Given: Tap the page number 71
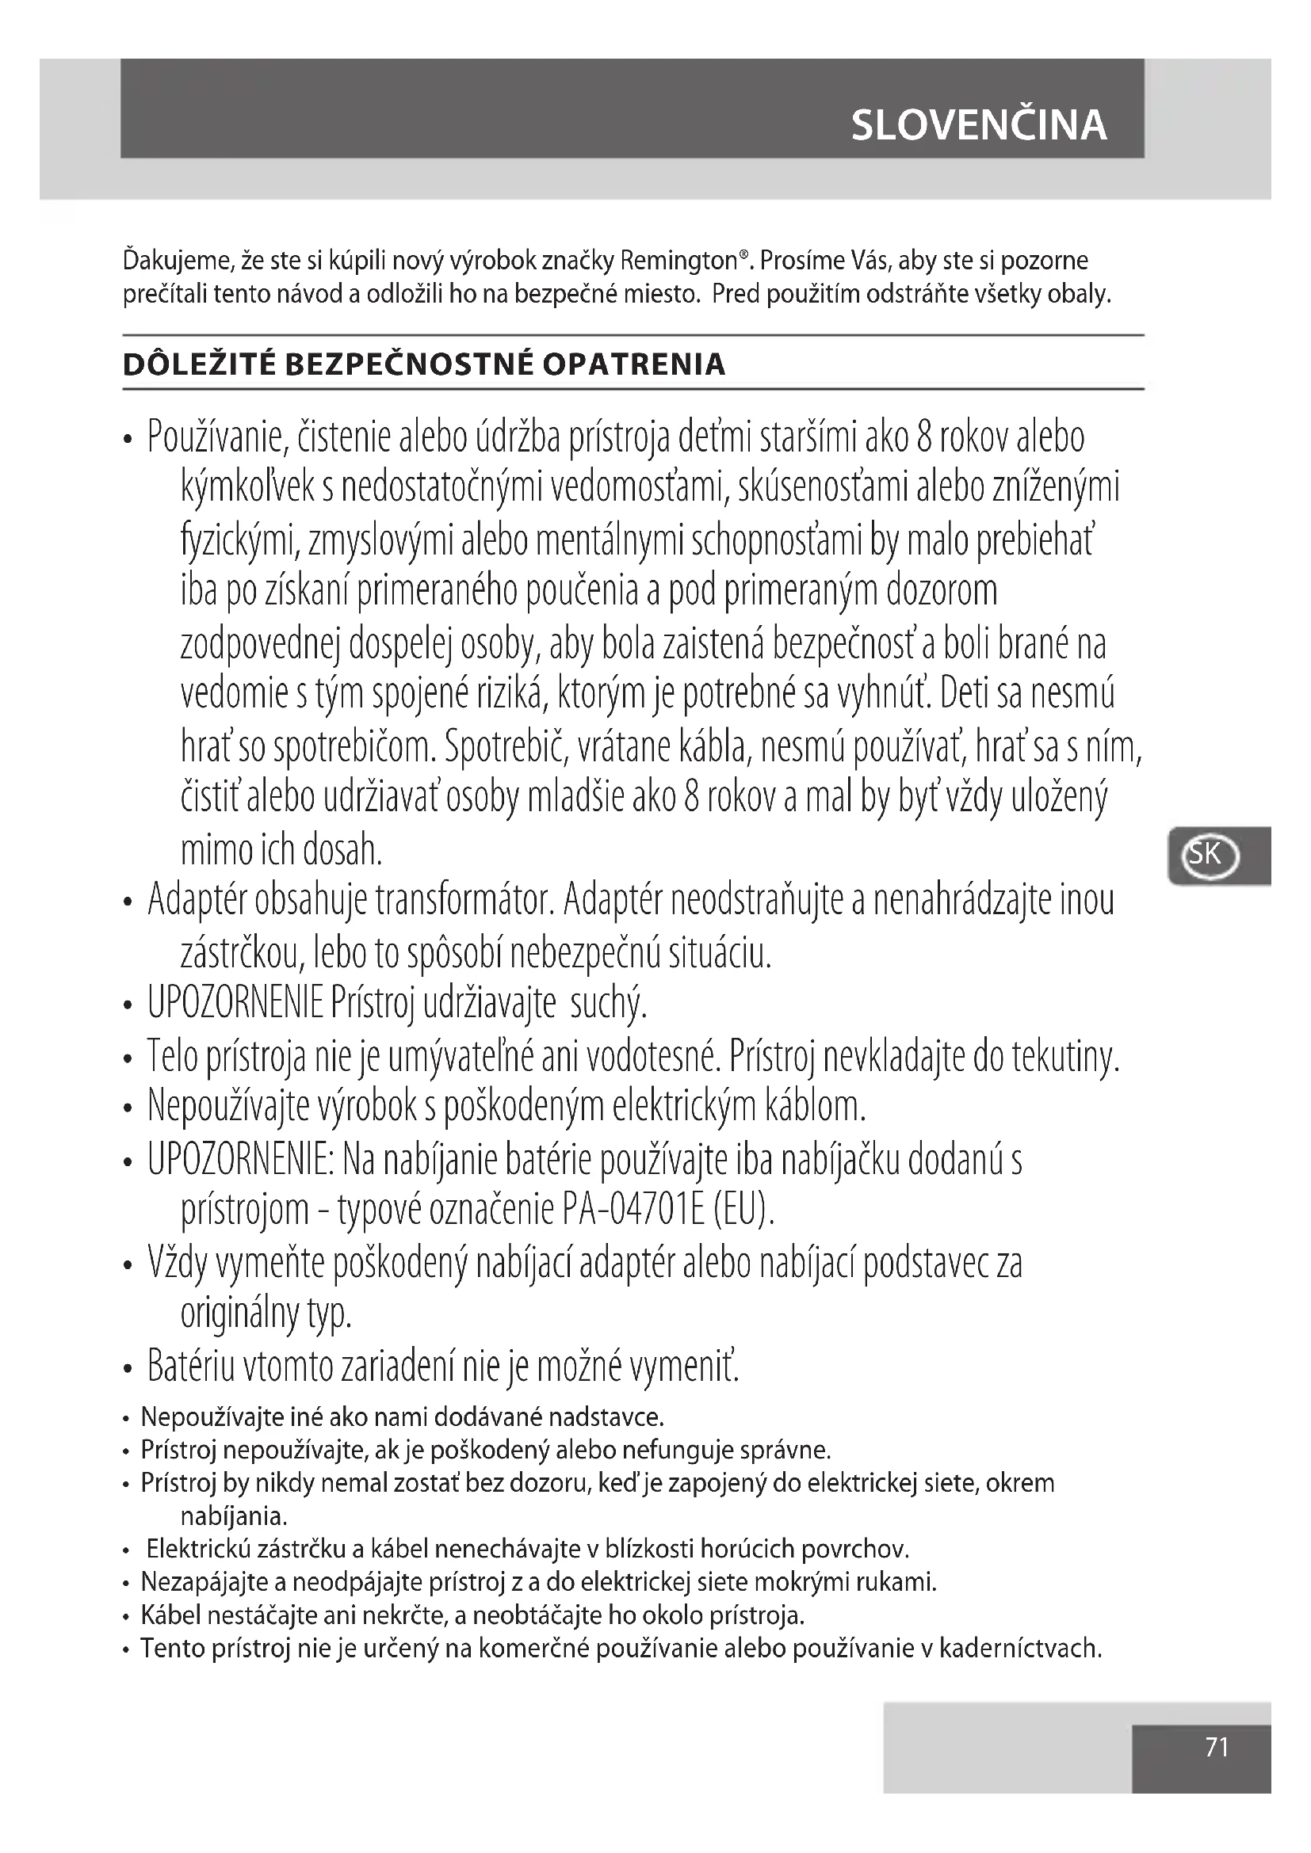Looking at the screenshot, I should tap(1217, 1748).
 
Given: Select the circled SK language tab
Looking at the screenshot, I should tap(1210, 855).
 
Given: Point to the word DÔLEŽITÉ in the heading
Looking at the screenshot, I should tap(199, 364).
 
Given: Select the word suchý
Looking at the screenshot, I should tap(609, 1004).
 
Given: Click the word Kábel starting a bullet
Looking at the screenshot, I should tap(170, 1615).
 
